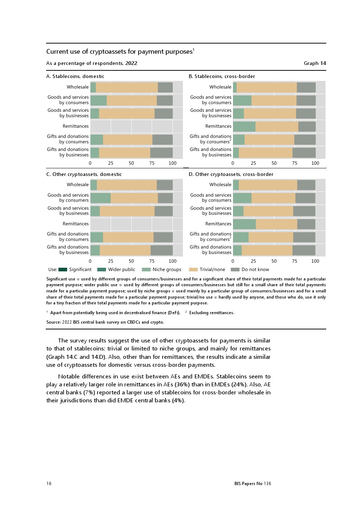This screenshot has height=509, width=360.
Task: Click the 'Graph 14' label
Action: tap(315, 63)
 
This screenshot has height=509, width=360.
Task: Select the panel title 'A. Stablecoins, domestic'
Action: tap(75, 76)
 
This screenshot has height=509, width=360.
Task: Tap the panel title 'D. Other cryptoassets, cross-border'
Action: tap(231, 174)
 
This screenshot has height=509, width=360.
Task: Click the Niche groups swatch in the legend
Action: tap(146, 270)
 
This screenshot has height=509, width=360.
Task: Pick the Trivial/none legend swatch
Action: tap(193, 270)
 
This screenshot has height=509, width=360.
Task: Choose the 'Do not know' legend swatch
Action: tap(235, 270)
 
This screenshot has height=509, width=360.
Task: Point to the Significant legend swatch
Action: tap(63, 270)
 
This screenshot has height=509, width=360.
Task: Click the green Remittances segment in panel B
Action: tap(244, 126)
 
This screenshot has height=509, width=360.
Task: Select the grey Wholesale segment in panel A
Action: tap(165, 87)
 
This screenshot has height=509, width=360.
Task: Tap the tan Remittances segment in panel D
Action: tap(276, 224)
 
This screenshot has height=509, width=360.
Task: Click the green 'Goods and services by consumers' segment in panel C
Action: tap(100, 198)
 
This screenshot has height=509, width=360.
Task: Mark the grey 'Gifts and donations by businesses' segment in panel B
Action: tap(304, 152)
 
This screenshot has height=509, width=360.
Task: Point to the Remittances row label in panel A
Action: tap(75, 126)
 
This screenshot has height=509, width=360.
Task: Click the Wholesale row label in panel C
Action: tap(78, 185)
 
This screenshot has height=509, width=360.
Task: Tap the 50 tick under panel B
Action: tap(274, 163)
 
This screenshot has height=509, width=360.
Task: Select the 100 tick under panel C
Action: tap(172, 261)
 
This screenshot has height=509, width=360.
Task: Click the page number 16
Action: tap(49, 483)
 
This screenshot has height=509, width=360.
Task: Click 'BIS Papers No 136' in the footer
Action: tap(253, 483)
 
